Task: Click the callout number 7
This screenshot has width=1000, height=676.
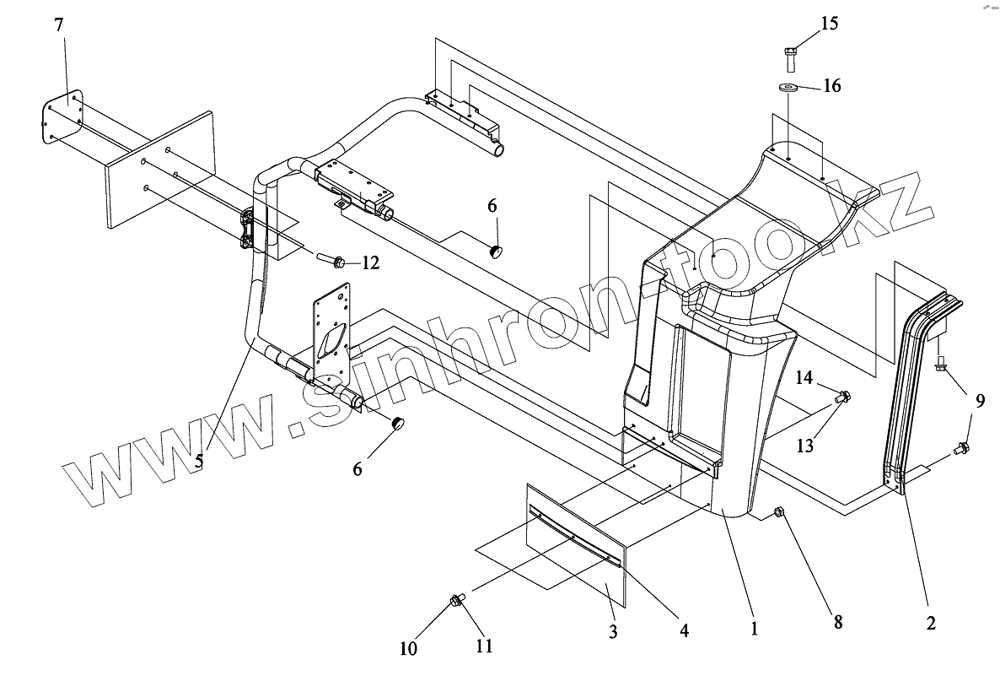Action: pos(58,25)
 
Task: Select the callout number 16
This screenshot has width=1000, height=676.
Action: pos(831,86)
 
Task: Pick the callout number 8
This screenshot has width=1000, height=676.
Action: pos(837,623)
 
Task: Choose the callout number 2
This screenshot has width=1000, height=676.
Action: pos(931,625)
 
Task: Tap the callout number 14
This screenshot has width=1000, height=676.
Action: pos(804,378)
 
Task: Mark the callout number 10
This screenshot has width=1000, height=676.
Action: pos(408,649)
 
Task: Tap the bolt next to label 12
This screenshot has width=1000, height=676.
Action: pos(331,261)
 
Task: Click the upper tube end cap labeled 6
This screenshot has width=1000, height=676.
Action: pos(497,251)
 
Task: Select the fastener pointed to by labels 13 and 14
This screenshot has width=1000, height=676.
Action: pos(842,397)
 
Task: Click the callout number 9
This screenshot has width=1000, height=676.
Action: pos(979,402)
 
